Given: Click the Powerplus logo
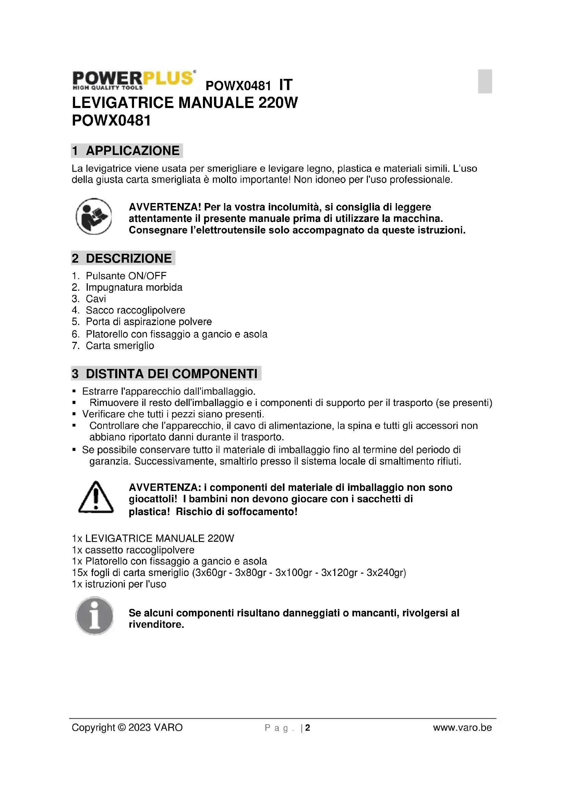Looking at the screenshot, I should pyautogui.click(x=133, y=80).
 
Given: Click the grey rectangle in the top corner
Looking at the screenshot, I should pyautogui.click(x=485, y=81).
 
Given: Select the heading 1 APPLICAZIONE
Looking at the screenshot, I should pyautogui.click(x=126, y=151).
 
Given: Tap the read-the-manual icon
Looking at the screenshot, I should pyautogui.click(x=94, y=217).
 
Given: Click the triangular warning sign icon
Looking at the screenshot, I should pyautogui.click(x=96, y=498).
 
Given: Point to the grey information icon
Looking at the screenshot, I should pyautogui.click(x=94, y=616).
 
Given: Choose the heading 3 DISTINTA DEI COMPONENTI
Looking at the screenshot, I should pyautogui.click(x=166, y=373).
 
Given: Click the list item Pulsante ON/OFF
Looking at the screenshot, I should pyautogui.click(x=126, y=276).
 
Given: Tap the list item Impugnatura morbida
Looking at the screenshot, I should pyautogui.click(x=134, y=287).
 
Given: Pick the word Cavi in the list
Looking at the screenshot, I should pyautogui.click(x=96, y=299).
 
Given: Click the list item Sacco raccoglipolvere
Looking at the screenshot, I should pyautogui.click(x=135, y=310).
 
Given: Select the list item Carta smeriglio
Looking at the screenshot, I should pyautogui.click(x=120, y=346).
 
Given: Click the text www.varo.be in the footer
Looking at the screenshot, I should pyautogui.click(x=462, y=728).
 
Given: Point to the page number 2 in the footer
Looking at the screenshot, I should pyautogui.click(x=307, y=728).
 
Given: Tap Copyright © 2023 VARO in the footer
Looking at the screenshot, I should pyautogui.click(x=127, y=728).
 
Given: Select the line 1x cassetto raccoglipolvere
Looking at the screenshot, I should pyautogui.click(x=133, y=550).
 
